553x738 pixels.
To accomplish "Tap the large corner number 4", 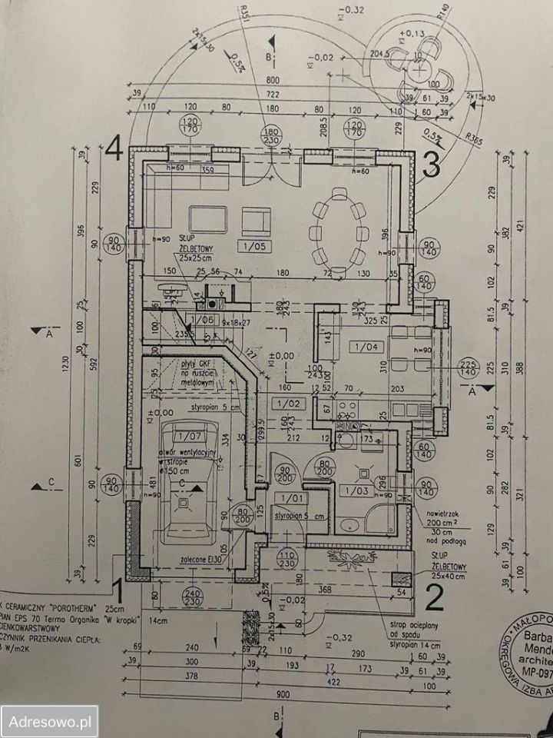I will pos(116,146).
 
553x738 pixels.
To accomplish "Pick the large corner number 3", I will pos(432,163).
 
